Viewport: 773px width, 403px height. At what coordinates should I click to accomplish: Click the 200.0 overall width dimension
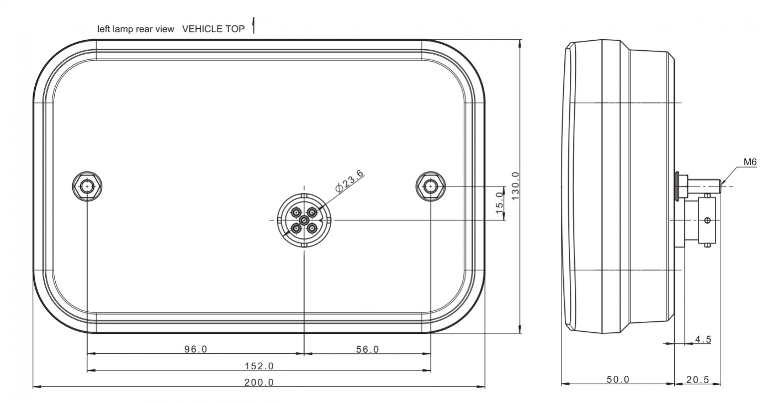coord(259,382)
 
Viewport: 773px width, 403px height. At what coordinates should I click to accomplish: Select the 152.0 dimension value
coord(259,365)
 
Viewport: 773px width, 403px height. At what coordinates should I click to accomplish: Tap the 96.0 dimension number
coord(195,349)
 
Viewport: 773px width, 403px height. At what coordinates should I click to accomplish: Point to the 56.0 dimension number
coord(368,349)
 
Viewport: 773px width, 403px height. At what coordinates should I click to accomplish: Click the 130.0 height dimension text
coord(515,186)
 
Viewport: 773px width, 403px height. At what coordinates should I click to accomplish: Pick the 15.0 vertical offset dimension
coord(499,203)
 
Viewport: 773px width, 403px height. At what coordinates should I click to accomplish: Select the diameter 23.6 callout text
coord(349,181)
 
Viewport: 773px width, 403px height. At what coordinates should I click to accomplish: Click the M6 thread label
coord(750,162)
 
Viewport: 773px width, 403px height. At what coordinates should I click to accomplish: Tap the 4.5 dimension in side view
coord(703,339)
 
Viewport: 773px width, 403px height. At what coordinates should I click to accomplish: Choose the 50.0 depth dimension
coord(618,379)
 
